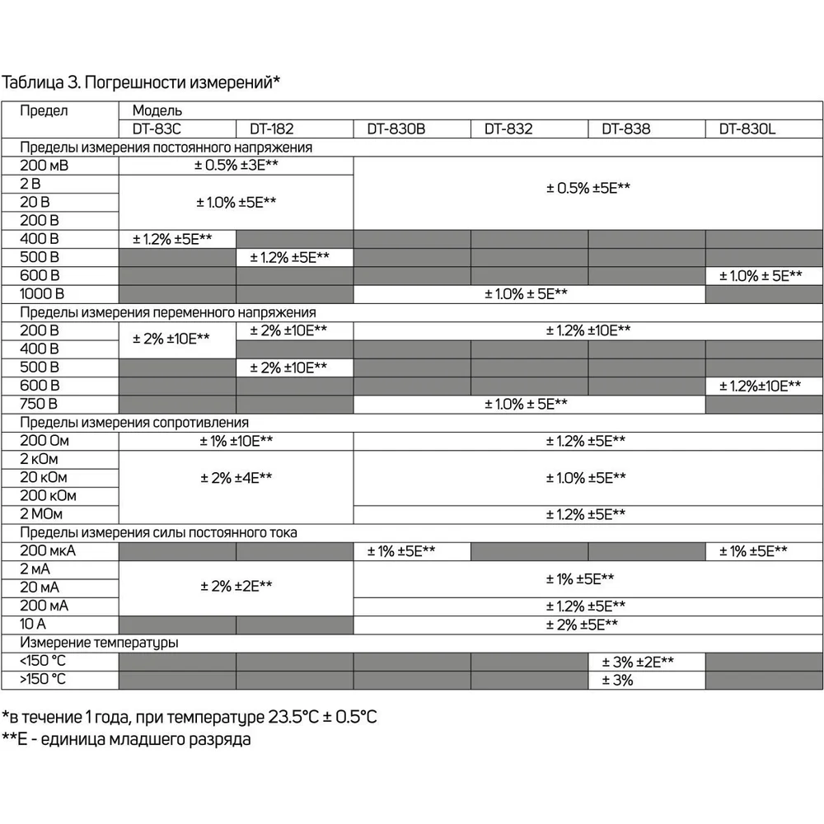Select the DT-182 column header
(x=273, y=129)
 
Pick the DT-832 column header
(x=508, y=129)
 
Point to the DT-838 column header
(x=626, y=129)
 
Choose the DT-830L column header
(x=748, y=129)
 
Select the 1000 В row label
(x=42, y=293)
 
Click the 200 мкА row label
(x=48, y=551)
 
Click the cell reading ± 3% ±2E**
(x=639, y=662)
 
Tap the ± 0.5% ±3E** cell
(x=236, y=166)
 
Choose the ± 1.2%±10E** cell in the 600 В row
(x=760, y=386)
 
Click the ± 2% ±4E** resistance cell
(x=236, y=478)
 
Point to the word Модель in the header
(x=157, y=110)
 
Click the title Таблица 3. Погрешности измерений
(x=141, y=82)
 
